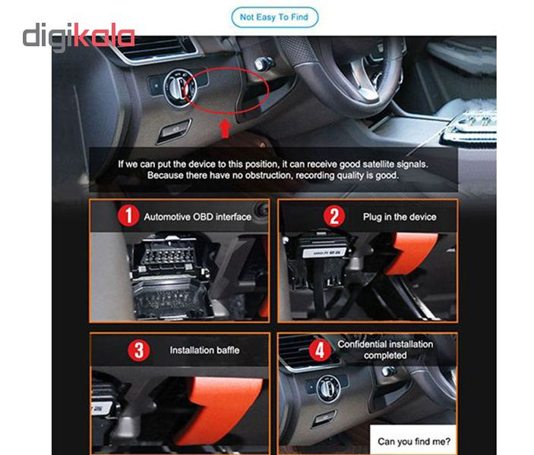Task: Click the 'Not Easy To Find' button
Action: click(x=274, y=17)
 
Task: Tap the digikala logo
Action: click(x=79, y=36)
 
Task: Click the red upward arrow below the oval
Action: click(x=225, y=129)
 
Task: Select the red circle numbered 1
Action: click(x=128, y=215)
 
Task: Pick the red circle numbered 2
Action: click(x=334, y=216)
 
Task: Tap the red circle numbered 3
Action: click(x=138, y=350)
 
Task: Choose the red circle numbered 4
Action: click(x=320, y=350)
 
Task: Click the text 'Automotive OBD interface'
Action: click(x=197, y=217)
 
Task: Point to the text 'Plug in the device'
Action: click(x=400, y=217)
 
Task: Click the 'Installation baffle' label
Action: click(x=204, y=350)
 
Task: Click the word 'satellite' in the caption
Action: click(x=377, y=165)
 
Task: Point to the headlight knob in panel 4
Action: click(x=328, y=388)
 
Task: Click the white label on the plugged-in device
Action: click(x=324, y=253)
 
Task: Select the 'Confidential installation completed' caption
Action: click(x=385, y=350)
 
